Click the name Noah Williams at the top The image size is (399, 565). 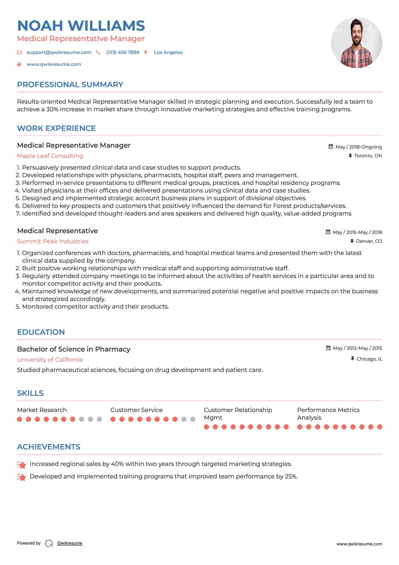click(81, 26)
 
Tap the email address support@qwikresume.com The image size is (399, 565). click(59, 53)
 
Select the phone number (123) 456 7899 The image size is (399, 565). click(123, 53)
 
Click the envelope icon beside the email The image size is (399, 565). click(19, 53)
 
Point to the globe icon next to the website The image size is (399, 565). click(19, 64)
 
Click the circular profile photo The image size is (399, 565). click(356, 43)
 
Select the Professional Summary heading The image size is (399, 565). click(70, 85)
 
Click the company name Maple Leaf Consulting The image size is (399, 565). click(50, 156)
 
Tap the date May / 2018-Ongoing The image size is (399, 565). click(358, 147)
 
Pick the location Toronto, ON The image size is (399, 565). click(368, 156)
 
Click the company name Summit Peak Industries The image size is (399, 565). click(53, 241)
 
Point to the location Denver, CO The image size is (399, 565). click(369, 241)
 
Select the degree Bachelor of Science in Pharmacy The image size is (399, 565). click(74, 349)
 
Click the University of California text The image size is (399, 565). click(50, 360)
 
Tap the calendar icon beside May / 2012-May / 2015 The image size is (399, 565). click(328, 348)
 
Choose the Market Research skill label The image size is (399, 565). click(42, 410)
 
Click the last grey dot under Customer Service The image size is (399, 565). click(193, 419)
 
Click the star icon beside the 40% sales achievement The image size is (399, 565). click(22, 465)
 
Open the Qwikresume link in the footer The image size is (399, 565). click(70, 543)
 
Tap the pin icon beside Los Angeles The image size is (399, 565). click(146, 53)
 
